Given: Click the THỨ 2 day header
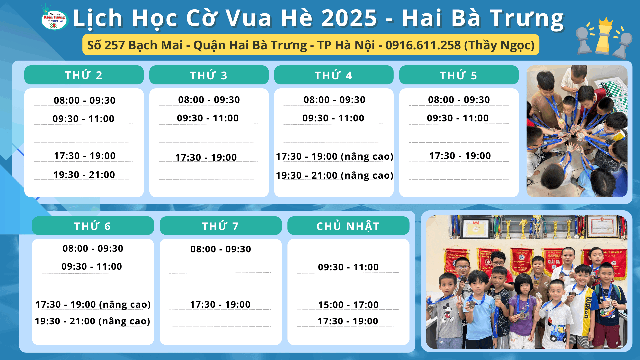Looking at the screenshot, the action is [x=84, y=75].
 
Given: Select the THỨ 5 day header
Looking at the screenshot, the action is [x=459, y=75].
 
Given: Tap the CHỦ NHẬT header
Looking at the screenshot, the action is [x=348, y=226].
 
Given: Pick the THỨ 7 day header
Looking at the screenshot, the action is [x=221, y=226].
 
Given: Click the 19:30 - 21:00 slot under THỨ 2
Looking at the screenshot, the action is [x=84, y=175].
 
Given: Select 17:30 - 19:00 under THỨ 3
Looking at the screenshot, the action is [x=206, y=157].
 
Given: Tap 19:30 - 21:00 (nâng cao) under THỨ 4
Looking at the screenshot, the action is [x=334, y=175].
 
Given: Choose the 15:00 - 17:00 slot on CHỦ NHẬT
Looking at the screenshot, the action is [x=348, y=305].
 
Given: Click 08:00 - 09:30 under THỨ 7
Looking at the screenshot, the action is [x=221, y=249].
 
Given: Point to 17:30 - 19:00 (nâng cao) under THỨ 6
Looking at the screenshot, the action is [x=93, y=304].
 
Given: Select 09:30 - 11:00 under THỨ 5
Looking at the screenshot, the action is [x=458, y=118].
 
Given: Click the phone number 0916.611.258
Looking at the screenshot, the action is [x=423, y=45].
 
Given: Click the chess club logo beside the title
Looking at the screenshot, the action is [x=54, y=19].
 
